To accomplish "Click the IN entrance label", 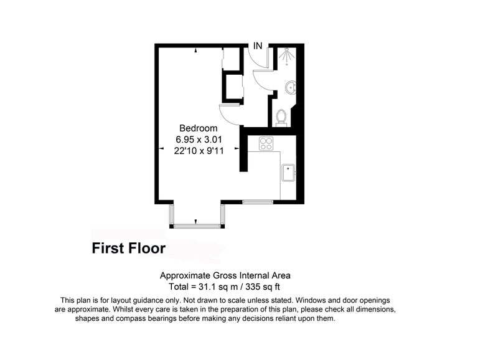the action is point(258,46).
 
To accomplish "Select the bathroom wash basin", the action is point(291,88).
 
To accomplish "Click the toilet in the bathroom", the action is point(281,116).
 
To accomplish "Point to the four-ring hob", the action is point(266,143).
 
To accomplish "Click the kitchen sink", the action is point(288,173).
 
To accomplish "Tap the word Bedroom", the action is point(199,128).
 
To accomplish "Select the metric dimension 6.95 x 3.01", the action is point(199,140).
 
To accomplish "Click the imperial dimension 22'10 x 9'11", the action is point(199,151).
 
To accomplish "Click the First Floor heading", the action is point(129,248).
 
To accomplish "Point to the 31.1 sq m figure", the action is point(218,287).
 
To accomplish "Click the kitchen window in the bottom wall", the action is point(258,202).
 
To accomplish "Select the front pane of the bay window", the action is point(197,226).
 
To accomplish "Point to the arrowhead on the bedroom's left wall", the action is point(161,148).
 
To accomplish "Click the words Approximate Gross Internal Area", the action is point(225,275).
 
